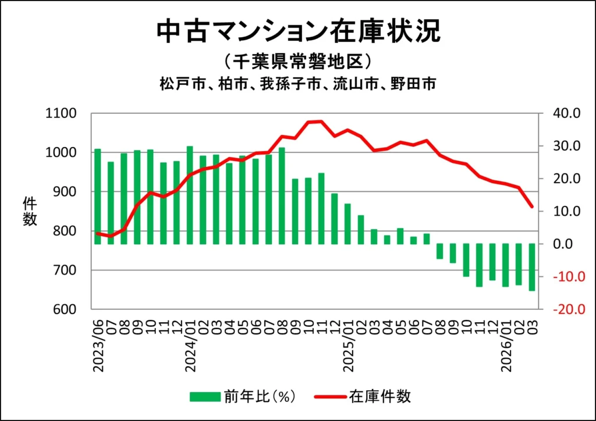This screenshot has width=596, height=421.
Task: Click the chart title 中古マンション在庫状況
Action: pyautogui.click(x=298, y=33)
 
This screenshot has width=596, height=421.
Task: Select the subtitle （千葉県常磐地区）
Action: pyautogui.click(x=297, y=61)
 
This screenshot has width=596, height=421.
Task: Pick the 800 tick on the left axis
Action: pyautogui.click(x=65, y=231)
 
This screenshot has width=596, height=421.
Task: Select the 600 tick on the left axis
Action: pyautogui.click(x=65, y=309)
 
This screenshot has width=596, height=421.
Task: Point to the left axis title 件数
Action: pyautogui.click(x=30, y=212)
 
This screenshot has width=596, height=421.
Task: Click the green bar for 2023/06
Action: pyautogui.click(x=98, y=197)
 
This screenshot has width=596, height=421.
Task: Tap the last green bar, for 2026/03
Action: pyautogui.click(x=531, y=267)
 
